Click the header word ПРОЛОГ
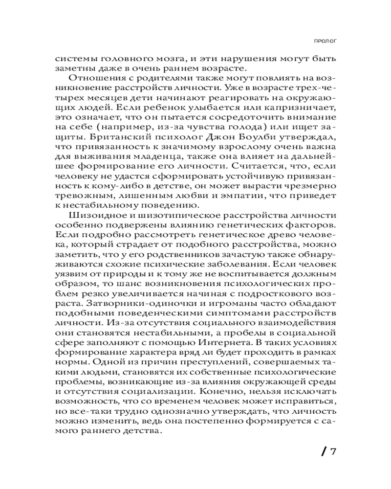pos(325,41)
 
